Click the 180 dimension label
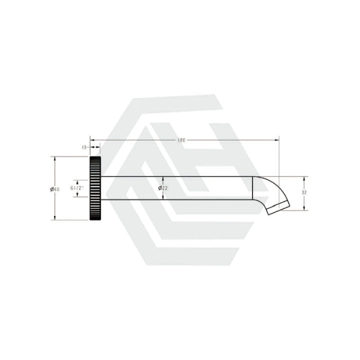click(181, 140)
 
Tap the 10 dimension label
click(84, 148)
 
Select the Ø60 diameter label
click(55, 189)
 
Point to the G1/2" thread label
click(77, 188)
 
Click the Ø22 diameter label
click(163, 188)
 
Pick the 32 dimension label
click(304, 193)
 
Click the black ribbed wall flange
click(95, 188)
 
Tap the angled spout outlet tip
click(278, 208)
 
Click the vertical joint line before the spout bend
click(252, 188)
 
